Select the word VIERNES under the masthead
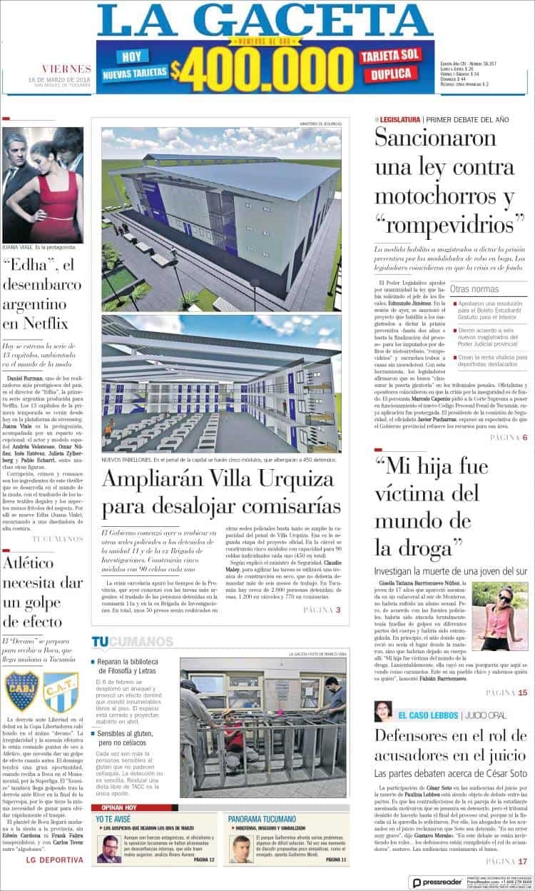click(x=66, y=69)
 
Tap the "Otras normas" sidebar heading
click(x=474, y=289)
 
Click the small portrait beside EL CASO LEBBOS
click(x=383, y=711)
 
